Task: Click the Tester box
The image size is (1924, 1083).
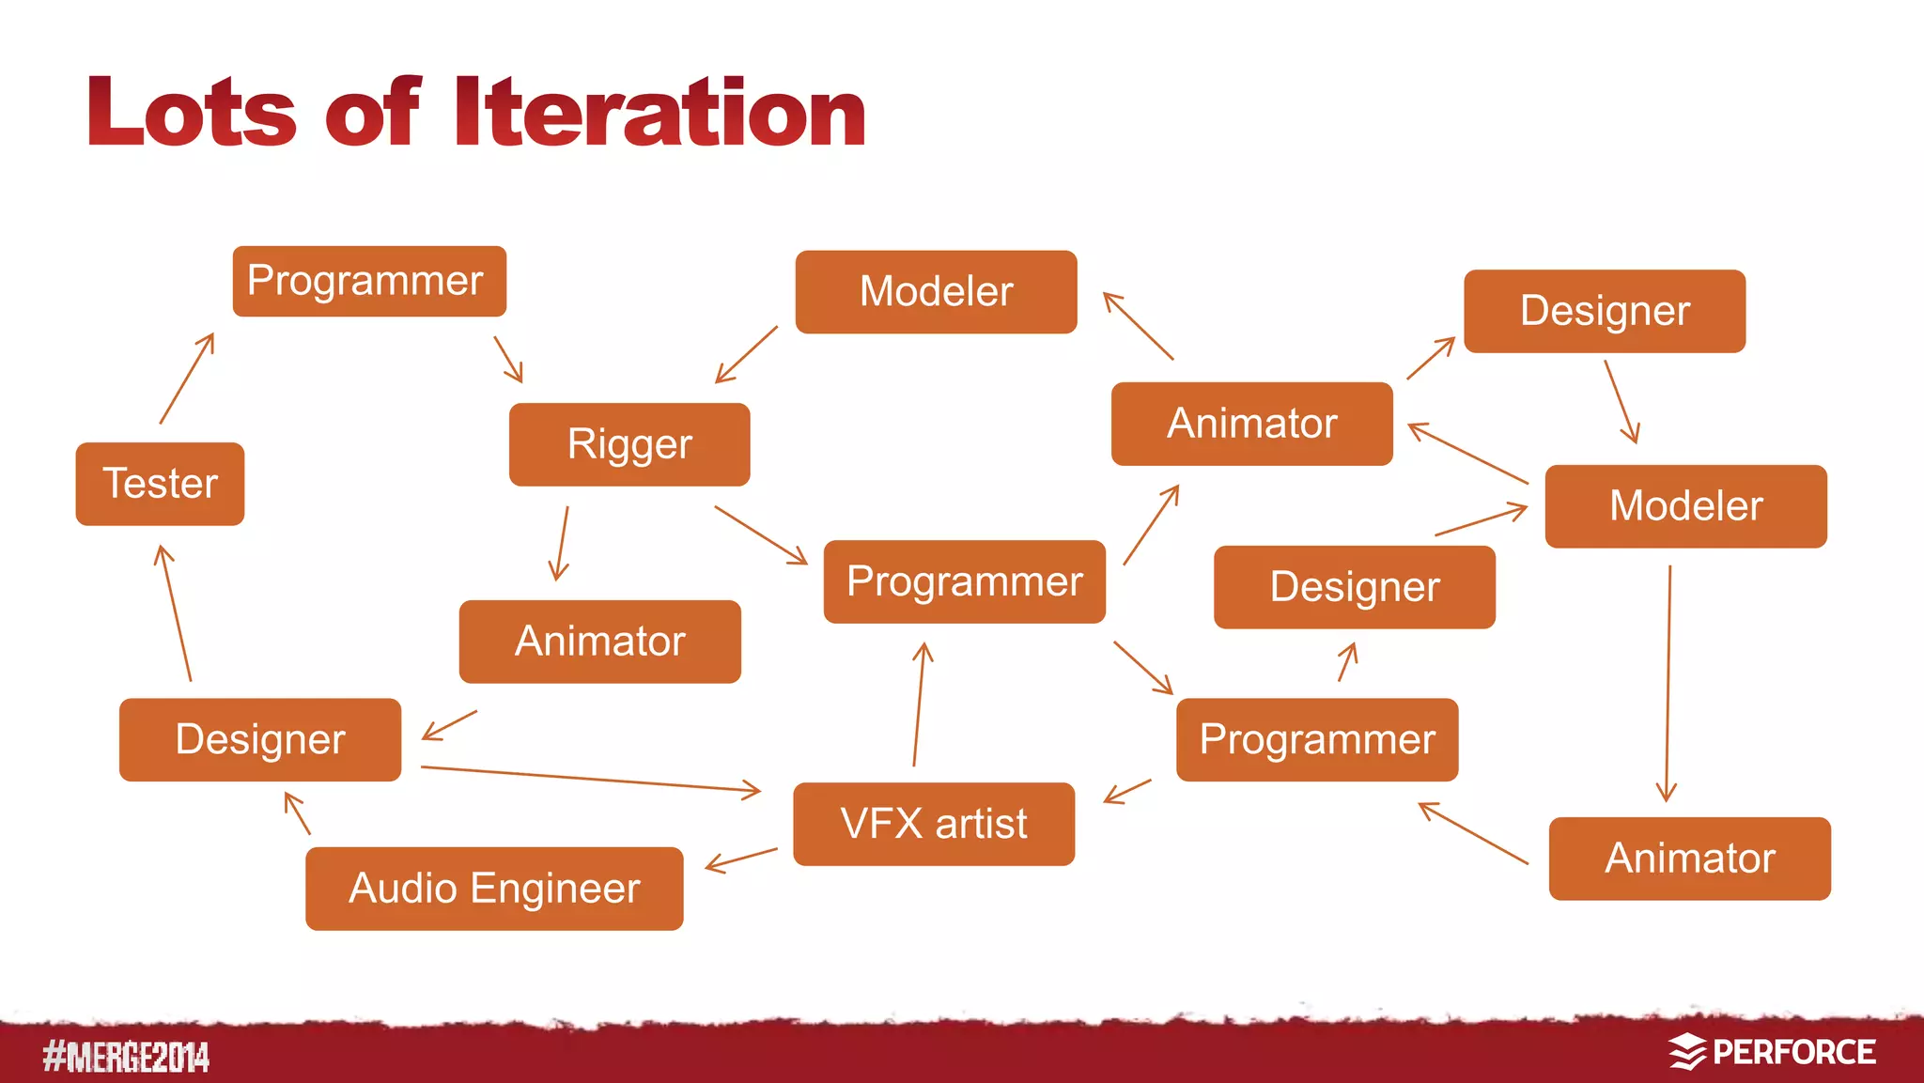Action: click(160, 484)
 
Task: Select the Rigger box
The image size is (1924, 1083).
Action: click(629, 444)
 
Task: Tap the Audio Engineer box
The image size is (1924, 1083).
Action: click(494, 889)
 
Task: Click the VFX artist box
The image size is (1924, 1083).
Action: click(934, 824)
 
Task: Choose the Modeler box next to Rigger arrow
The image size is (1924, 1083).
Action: click(936, 291)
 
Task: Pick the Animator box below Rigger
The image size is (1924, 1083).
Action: click(599, 642)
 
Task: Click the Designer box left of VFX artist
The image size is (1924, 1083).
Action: click(260, 739)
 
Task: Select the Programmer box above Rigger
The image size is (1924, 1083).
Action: click(369, 281)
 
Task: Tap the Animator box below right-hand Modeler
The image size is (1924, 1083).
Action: click(1689, 859)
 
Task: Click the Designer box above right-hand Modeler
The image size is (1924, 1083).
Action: click(1605, 311)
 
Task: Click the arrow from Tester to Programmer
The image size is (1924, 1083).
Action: click(187, 379)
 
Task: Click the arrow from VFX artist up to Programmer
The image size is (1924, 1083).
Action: click(919, 704)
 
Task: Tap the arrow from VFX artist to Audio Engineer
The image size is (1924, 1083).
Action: click(741, 860)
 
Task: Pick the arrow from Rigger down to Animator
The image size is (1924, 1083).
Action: click(561, 543)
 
